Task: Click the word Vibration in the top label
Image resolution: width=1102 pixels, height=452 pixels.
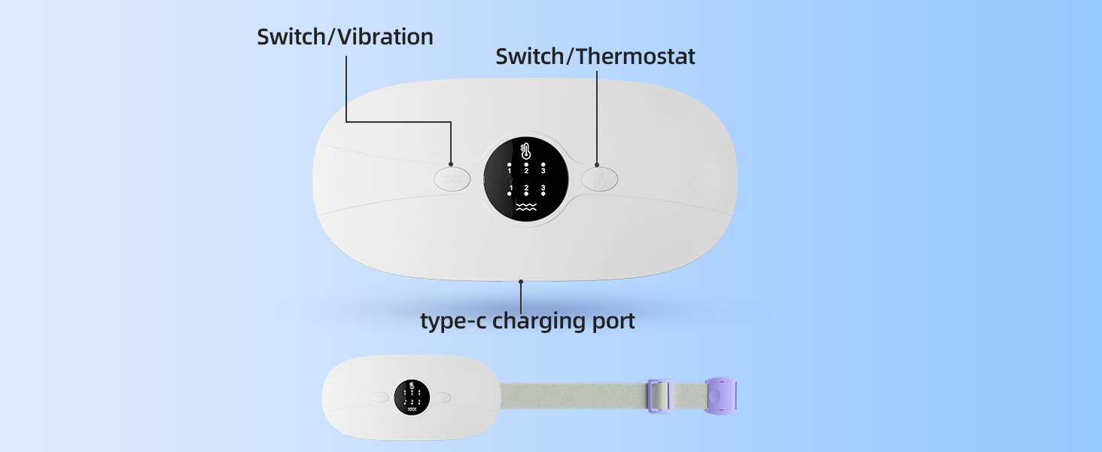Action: tap(385, 37)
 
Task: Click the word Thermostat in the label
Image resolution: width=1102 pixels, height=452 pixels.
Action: tap(635, 56)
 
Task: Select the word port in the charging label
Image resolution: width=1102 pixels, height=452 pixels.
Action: tap(613, 322)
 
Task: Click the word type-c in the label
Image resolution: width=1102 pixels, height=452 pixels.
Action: tap(452, 321)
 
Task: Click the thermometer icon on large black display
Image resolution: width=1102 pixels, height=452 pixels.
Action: tap(525, 150)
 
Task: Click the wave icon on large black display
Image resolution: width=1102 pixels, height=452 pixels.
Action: tap(526, 207)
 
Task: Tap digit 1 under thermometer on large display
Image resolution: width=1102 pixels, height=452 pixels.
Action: tap(509, 171)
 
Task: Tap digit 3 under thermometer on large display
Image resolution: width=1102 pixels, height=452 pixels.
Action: tap(543, 171)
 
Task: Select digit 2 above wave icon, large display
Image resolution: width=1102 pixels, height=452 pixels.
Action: tap(526, 188)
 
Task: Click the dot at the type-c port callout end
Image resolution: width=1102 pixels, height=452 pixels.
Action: tap(521, 282)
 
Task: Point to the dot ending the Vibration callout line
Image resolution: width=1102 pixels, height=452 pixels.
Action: tap(451, 164)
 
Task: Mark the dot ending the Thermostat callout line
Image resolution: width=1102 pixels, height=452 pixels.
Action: tap(597, 165)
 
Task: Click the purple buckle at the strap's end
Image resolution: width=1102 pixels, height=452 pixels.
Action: tap(721, 395)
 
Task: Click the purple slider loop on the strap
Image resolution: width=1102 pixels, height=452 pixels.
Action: tap(659, 395)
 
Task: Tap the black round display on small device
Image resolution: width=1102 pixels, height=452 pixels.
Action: tap(412, 397)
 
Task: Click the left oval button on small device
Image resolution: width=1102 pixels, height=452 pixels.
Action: tap(381, 397)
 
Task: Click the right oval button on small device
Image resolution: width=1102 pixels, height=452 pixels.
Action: tap(443, 397)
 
